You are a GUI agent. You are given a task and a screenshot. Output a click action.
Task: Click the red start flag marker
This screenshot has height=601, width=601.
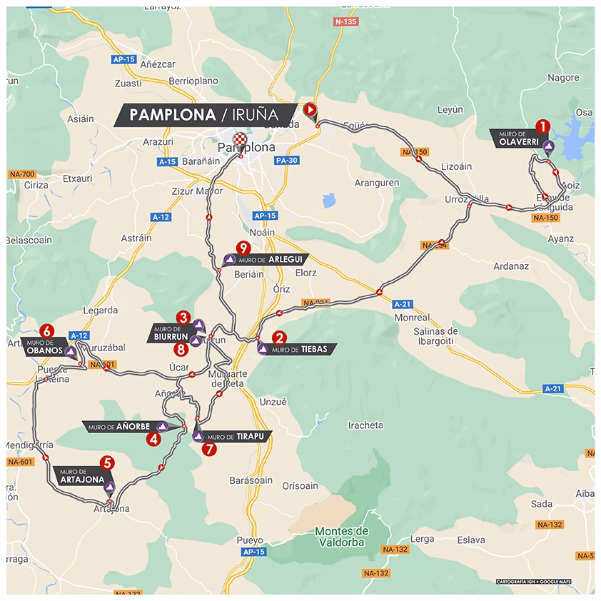310,109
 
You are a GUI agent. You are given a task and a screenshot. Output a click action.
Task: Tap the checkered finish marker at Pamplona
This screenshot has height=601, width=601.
240,138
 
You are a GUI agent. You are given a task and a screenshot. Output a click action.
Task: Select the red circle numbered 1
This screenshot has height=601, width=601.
542,126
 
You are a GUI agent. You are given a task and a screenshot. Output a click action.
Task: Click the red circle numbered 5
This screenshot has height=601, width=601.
107,463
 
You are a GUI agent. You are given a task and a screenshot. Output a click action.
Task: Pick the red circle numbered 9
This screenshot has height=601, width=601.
245,248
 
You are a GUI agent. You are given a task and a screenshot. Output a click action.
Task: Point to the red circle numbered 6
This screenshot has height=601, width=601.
47,330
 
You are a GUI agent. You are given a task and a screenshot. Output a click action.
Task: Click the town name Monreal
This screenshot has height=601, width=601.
410,317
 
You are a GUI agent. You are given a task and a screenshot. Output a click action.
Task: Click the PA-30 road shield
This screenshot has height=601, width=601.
287,161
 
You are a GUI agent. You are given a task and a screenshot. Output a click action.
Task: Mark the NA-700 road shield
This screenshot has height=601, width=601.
22,174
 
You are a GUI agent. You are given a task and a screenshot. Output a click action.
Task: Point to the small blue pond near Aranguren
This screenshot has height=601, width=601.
328,201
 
